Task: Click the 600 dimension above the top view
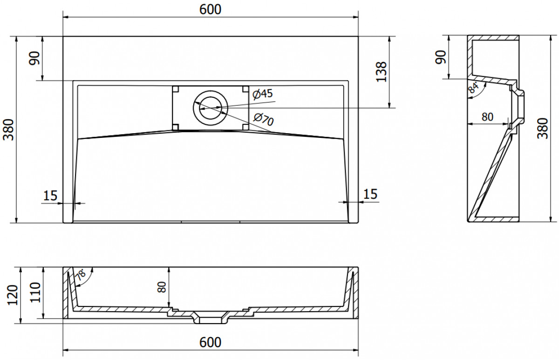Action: point(210,10)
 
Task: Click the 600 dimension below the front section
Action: point(210,342)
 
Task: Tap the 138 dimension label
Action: point(382,72)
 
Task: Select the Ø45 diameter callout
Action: point(263,94)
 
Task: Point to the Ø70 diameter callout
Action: point(264,120)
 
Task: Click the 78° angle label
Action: point(81,275)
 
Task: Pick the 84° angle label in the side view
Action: point(473,88)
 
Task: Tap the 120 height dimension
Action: point(13,295)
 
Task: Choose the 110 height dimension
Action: point(35,292)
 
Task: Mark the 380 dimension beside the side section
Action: point(543,129)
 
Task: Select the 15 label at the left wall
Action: point(50,196)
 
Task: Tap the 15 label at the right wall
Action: point(370,194)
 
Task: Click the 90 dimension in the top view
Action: point(34,58)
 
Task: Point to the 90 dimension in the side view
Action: point(441,57)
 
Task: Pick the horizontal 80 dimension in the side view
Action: point(487,117)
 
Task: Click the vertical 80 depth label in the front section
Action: point(162,287)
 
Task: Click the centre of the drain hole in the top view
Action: point(211,108)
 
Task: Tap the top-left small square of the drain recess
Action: point(176,89)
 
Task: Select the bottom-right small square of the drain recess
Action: point(245,127)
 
